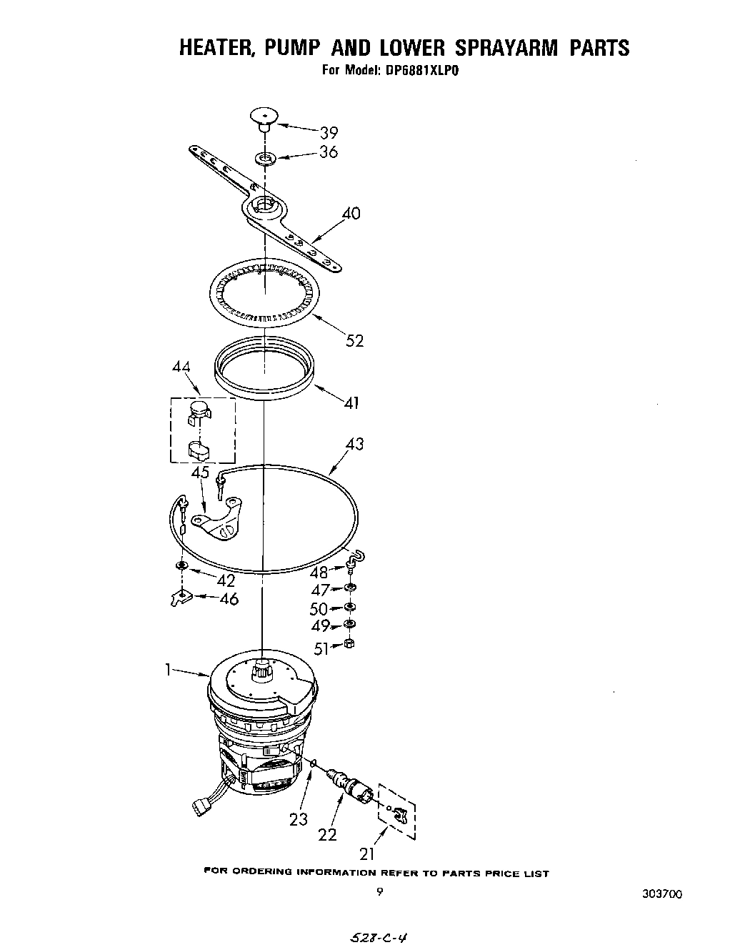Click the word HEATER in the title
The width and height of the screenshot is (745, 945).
pyautogui.click(x=216, y=48)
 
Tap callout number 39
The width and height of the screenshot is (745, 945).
pyautogui.click(x=329, y=132)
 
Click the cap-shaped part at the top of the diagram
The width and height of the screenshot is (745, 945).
pyautogui.click(x=264, y=117)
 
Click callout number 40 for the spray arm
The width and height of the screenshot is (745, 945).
pyautogui.click(x=351, y=213)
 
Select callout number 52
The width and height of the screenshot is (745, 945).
pyautogui.click(x=354, y=340)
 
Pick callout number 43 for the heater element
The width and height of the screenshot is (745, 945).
pyautogui.click(x=354, y=444)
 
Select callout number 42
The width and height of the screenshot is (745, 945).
pyautogui.click(x=226, y=580)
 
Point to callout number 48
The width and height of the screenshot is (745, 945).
pyautogui.click(x=319, y=573)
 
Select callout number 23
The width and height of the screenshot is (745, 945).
pyautogui.click(x=299, y=820)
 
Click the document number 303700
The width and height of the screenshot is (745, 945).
pyautogui.click(x=661, y=894)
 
